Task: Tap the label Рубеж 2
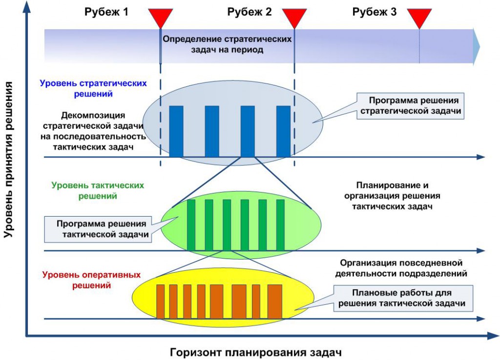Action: coord(250,13)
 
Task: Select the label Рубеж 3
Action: coord(375,13)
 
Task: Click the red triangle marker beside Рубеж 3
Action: coord(419,18)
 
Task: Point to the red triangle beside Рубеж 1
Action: coord(161,18)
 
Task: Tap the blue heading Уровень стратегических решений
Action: coord(93,88)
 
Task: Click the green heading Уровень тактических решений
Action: coord(98,191)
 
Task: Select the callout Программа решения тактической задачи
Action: coord(98,229)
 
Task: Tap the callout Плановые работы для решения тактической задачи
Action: coord(405,298)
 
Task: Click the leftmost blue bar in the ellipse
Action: coord(176,131)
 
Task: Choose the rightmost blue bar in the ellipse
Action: coord(283,131)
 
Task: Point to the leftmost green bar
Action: coord(191,225)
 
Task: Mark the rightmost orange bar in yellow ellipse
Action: coord(275,301)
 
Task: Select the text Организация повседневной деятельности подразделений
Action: coord(401,268)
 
